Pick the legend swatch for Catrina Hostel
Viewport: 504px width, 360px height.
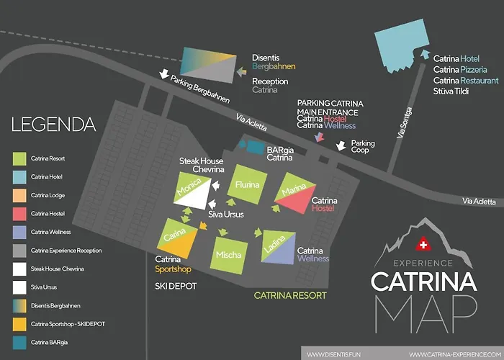(x=20, y=213)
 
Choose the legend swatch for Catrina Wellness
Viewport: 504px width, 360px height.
(x=20, y=231)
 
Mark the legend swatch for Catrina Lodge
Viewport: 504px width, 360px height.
(x=20, y=194)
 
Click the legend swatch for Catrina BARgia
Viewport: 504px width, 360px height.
(x=20, y=343)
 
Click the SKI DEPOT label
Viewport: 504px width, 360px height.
(x=176, y=286)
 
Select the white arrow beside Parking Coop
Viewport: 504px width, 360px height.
(x=341, y=146)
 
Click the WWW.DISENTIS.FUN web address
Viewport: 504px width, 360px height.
(x=334, y=354)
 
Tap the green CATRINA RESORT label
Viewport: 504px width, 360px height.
(x=290, y=296)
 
